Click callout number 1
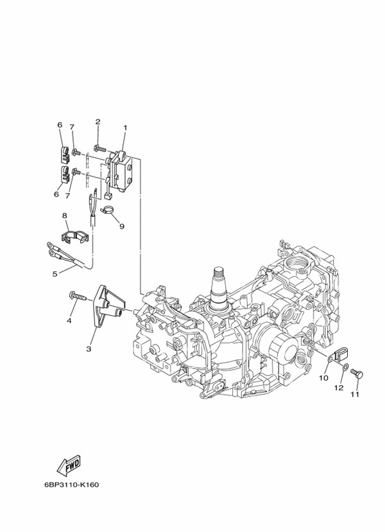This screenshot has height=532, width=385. (125, 128)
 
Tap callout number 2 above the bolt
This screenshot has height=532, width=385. (98, 121)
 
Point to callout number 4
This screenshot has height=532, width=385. (69, 320)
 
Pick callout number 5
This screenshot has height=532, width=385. (55, 274)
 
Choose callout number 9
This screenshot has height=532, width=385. (121, 225)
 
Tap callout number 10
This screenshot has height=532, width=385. (323, 378)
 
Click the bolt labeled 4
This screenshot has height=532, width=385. (76, 296)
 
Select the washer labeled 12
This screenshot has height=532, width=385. (346, 367)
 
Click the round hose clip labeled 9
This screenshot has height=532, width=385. (108, 210)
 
